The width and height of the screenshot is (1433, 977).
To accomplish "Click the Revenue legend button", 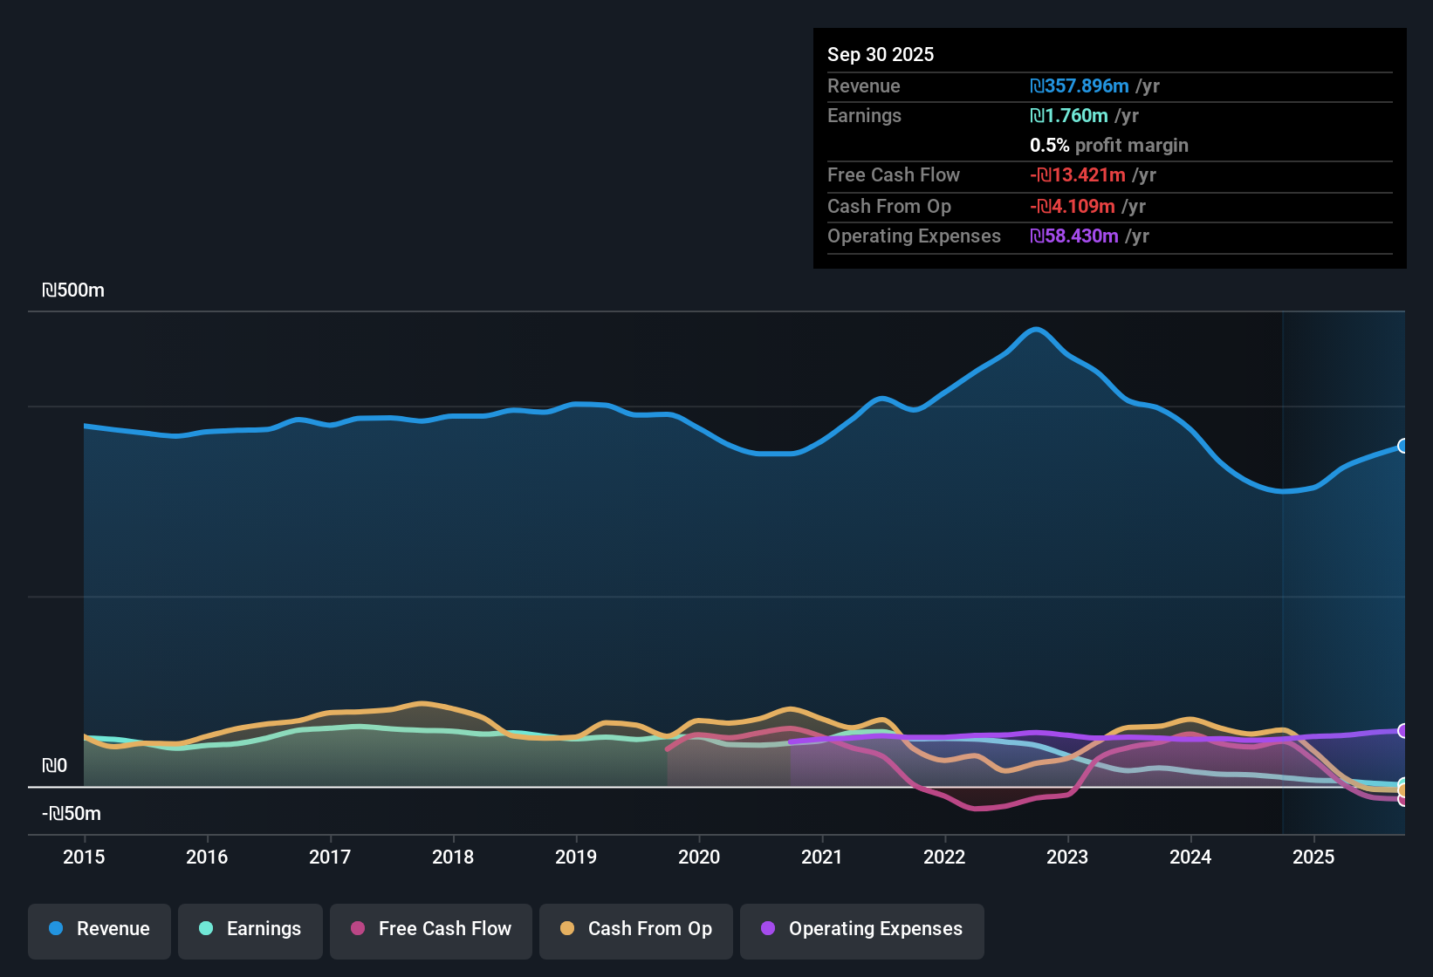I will (x=99, y=929).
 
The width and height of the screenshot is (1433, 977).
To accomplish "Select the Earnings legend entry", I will (x=250, y=929).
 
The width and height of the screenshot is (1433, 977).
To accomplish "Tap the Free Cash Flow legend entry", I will (x=431, y=929).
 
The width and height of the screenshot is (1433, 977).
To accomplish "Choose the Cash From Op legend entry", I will (x=636, y=929).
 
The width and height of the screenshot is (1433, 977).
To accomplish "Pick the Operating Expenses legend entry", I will (x=862, y=929).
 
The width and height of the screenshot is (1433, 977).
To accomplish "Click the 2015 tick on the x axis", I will (x=84, y=857).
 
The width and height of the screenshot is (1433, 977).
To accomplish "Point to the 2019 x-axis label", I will (x=576, y=857).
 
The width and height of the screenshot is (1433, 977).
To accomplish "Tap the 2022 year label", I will (x=944, y=857).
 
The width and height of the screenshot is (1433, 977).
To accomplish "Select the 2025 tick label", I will (x=1313, y=857).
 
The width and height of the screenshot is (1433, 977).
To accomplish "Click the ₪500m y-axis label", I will (x=73, y=290).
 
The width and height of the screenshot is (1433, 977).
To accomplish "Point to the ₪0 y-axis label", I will (x=54, y=766).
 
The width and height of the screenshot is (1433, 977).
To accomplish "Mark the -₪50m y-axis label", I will (x=72, y=814).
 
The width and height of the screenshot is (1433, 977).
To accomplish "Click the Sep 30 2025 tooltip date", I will (x=880, y=54).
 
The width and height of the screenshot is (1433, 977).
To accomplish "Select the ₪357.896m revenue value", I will (x=1080, y=86).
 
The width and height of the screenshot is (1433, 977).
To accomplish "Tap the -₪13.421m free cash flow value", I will (x=1078, y=175).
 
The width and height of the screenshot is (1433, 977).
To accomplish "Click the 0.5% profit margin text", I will (x=1108, y=146).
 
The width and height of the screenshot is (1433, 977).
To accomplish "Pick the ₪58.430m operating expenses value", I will (x=1074, y=236).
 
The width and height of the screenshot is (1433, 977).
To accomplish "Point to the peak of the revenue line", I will (x=1036, y=329).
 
